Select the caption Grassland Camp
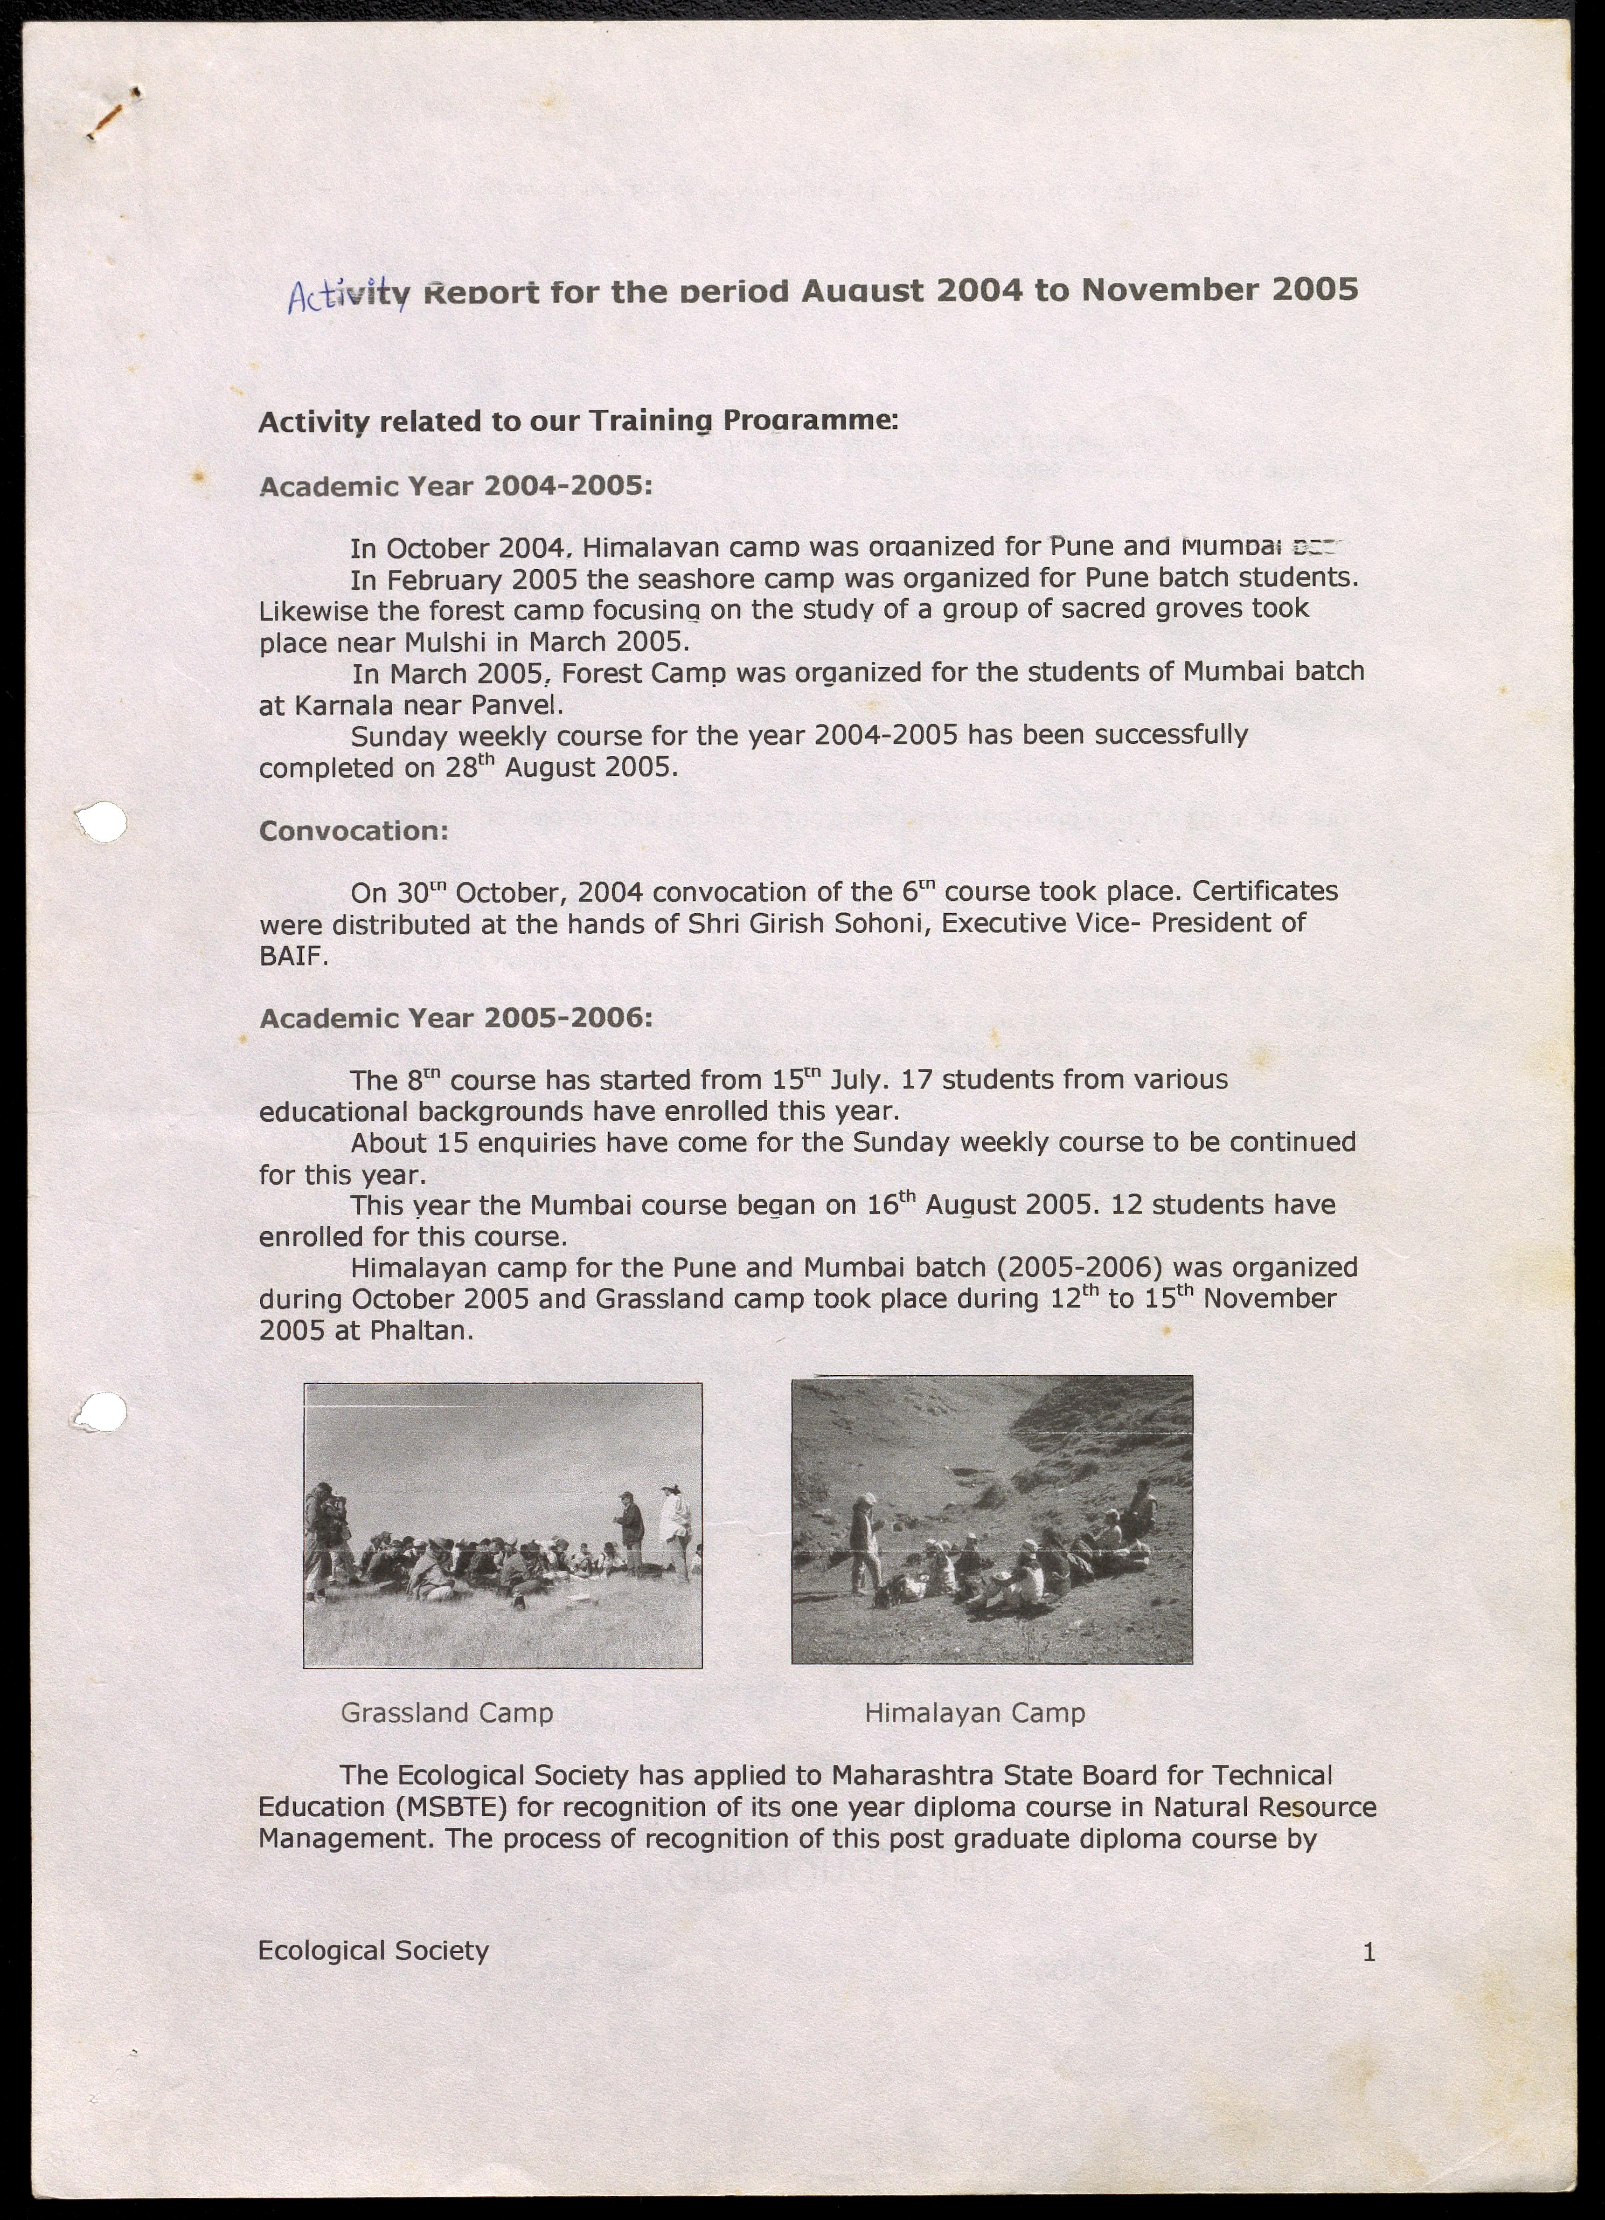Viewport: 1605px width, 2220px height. pyautogui.click(x=446, y=1713)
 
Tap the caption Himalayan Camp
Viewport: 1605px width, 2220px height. pyautogui.click(x=974, y=1713)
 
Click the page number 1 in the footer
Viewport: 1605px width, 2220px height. pyautogui.click(x=1369, y=1953)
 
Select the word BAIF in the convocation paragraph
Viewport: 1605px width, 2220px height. pyautogui.click(x=291, y=956)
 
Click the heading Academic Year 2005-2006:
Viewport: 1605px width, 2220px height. pyautogui.click(x=455, y=1019)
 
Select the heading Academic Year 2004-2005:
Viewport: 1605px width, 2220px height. pyautogui.click(x=455, y=487)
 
